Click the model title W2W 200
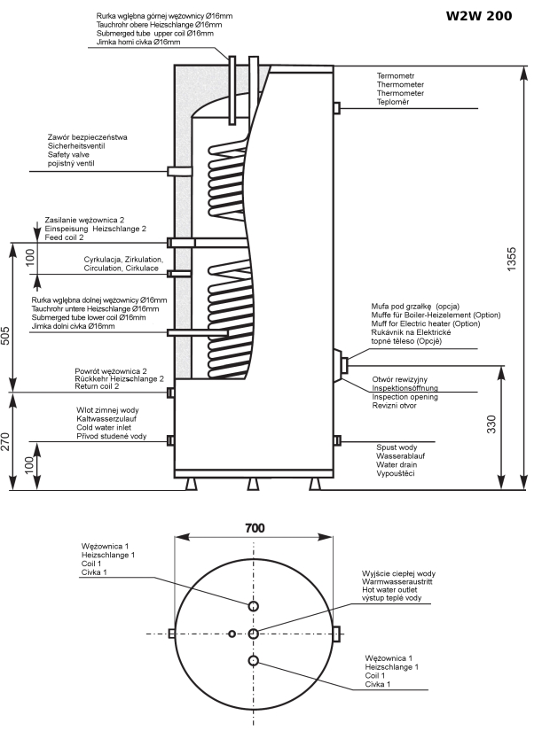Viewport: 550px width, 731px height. [478, 16]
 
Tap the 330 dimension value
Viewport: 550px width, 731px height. [491, 427]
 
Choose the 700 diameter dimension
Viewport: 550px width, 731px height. [254, 527]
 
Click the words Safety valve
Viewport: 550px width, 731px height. [69, 155]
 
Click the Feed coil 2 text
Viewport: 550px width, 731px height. [65, 238]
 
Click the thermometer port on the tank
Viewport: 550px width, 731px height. [336, 108]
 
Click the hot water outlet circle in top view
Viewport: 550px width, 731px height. [254, 634]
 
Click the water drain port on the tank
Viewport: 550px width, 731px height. [336, 440]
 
